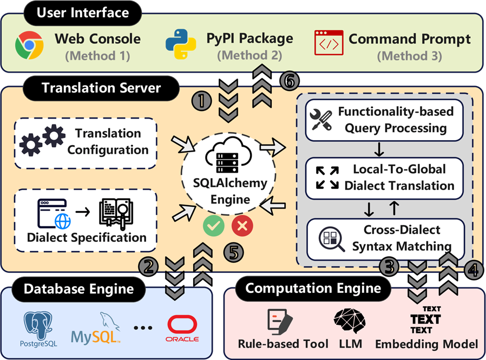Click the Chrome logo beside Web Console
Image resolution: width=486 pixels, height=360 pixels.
29,45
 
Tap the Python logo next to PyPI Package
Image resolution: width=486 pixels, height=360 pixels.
180,44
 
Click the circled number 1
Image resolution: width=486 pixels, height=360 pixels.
202,101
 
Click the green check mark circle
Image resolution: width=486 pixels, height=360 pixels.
214,226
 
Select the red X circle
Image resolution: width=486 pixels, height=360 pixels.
242,226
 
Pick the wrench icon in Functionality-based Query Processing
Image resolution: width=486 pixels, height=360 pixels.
319,119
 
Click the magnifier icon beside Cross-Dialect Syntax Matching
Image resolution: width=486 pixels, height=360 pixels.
332,240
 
